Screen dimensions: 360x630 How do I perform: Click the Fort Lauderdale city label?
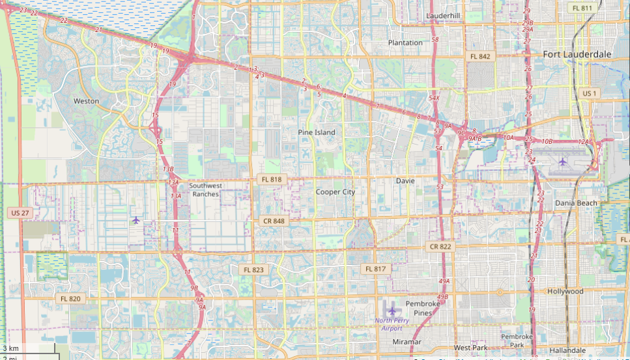tap(577, 54)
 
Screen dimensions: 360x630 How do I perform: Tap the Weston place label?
tap(86, 101)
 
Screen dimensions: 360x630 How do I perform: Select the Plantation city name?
tap(405, 42)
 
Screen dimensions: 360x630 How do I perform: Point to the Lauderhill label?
tap(443, 15)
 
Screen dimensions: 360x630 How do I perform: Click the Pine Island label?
tap(317, 132)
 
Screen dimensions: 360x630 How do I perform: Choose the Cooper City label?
tap(336, 192)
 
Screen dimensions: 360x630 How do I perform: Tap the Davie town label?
tap(405, 180)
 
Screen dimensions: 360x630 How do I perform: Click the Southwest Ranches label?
tap(204, 189)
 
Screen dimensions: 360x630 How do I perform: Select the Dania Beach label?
tap(576, 203)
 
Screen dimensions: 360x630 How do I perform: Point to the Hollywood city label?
tap(565, 291)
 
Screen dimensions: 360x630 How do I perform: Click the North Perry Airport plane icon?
tap(392, 311)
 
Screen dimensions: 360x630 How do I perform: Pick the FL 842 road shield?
tap(480, 57)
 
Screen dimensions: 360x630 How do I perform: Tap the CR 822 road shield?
tap(440, 247)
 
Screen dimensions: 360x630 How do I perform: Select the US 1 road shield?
tap(589, 94)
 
